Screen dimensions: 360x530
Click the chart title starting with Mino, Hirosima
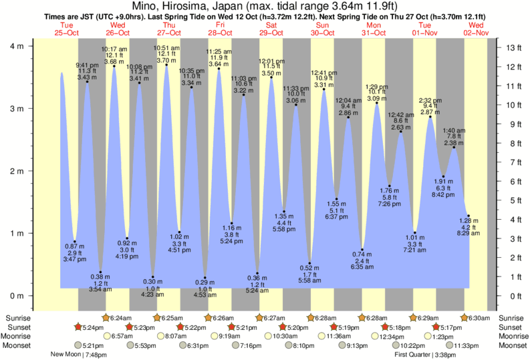coord(265,6)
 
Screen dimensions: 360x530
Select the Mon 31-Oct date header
coord(374,29)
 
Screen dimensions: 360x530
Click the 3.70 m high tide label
coord(166,61)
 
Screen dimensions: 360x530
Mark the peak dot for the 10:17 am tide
coord(114,66)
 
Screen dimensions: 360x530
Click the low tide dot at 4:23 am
coord(153,277)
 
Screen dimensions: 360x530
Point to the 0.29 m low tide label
coord(205,282)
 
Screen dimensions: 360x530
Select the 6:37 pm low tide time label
coord(336,217)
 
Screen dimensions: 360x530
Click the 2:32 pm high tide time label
coord(430,101)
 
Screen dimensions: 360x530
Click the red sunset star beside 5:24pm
coord(79,327)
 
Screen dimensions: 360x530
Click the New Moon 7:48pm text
coord(80,355)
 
